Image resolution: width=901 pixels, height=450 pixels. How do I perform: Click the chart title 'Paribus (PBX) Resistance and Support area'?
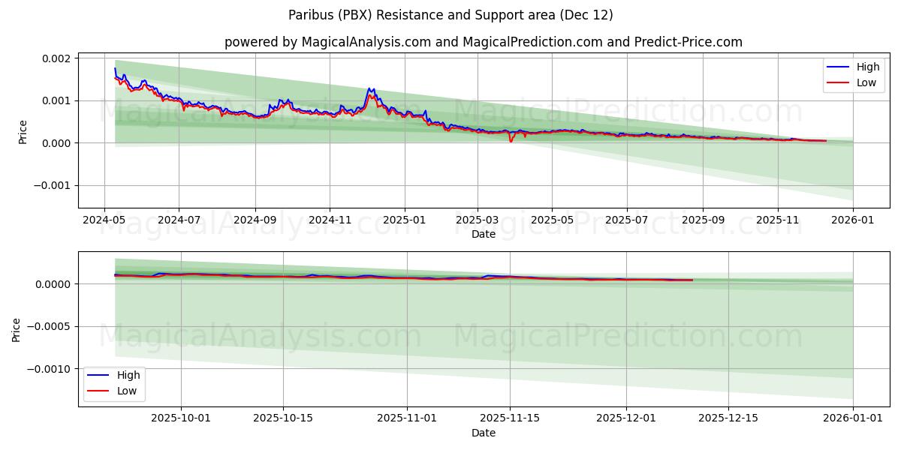(450, 15)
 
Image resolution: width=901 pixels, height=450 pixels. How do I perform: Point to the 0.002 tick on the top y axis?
(56, 58)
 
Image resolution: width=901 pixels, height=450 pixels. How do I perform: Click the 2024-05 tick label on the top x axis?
(104, 220)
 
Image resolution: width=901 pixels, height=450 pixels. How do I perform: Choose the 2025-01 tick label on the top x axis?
(404, 220)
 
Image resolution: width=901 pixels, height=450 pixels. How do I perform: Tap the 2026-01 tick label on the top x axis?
(853, 220)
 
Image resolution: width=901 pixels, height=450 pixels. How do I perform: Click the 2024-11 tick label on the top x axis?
(330, 220)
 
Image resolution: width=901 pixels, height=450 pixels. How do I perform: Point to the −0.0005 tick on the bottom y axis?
(47, 326)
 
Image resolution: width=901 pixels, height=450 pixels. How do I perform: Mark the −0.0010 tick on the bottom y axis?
(47, 369)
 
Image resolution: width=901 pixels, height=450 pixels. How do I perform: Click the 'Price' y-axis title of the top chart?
(23, 132)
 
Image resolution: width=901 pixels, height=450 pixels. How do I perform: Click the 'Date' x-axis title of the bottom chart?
(484, 433)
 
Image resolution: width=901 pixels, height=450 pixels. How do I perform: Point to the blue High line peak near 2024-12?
(369, 88)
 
